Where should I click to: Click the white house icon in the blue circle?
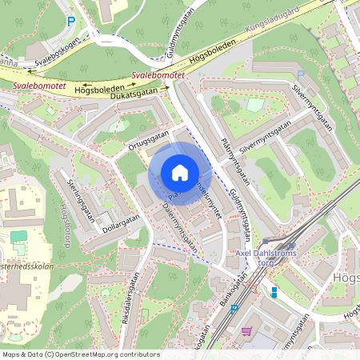pyautogui.click(x=179, y=172)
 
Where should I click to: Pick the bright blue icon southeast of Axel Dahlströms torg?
pyautogui.click(x=274, y=292)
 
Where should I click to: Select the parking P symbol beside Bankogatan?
pyautogui.click(x=234, y=306)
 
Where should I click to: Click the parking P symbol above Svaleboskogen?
pyautogui.click(x=71, y=22)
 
